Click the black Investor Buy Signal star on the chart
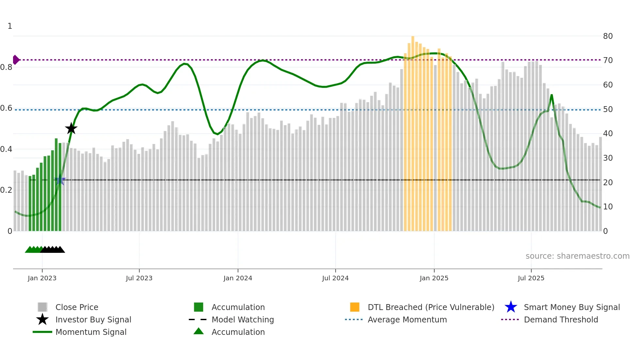coord(71,128)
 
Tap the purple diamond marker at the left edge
coord(16,60)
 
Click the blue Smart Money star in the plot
coord(60,180)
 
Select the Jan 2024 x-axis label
coord(238,278)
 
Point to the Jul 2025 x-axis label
coord(531,278)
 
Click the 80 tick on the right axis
coord(608,36)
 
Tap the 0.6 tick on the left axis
coord(6,108)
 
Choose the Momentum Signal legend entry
coord(91,332)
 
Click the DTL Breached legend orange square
coord(355,307)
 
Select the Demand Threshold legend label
coord(561,319)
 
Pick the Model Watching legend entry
coord(242,319)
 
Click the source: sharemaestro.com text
coord(577,256)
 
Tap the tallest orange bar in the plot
coord(413,131)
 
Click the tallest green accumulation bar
coord(56,183)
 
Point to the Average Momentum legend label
coord(407,319)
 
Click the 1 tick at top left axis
coord(10,26)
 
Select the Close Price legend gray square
coord(42,307)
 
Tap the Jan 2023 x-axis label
coord(42,278)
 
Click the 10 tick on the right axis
coord(608,207)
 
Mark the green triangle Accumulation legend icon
coord(199,331)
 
